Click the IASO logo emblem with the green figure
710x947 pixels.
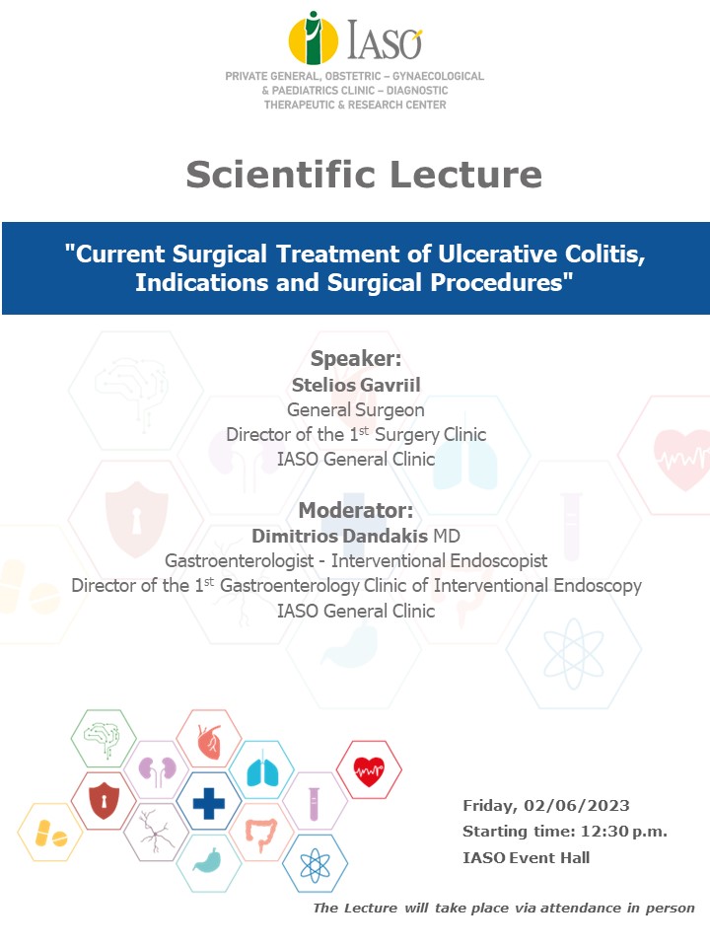(x=313, y=38)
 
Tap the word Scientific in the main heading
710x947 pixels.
(x=281, y=175)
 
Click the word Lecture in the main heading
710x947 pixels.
(x=466, y=175)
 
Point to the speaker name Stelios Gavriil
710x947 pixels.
(x=356, y=385)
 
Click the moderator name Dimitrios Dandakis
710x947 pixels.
(x=340, y=536)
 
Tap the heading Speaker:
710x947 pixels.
(x=356, y=358)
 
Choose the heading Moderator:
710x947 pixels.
(x=356, y=510)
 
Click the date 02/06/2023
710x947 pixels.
(x=577, y=806)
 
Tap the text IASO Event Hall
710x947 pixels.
(x=526, y=857)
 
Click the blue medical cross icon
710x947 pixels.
(x=209, y=804)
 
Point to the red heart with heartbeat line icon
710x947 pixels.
(x=369, y=771)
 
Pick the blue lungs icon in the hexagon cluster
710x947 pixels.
(x=262, y=771)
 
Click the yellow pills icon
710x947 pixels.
(x=50, y=834)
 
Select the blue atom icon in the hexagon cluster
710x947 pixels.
(x=316, y=865)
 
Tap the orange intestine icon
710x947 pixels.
(x=261, y=835)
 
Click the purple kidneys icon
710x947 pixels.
(x=157, y=770)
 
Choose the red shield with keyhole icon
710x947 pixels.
(x=104, y=801)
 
